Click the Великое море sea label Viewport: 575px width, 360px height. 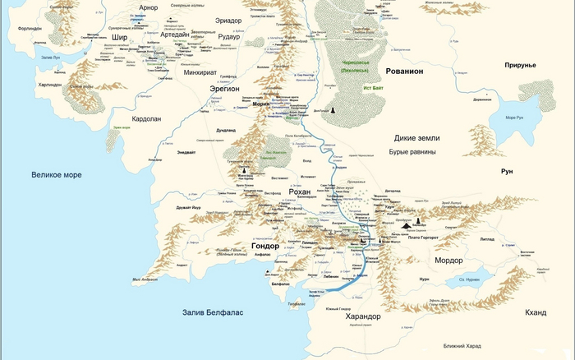[57, 174]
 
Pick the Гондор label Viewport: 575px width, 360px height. [266, 246]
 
